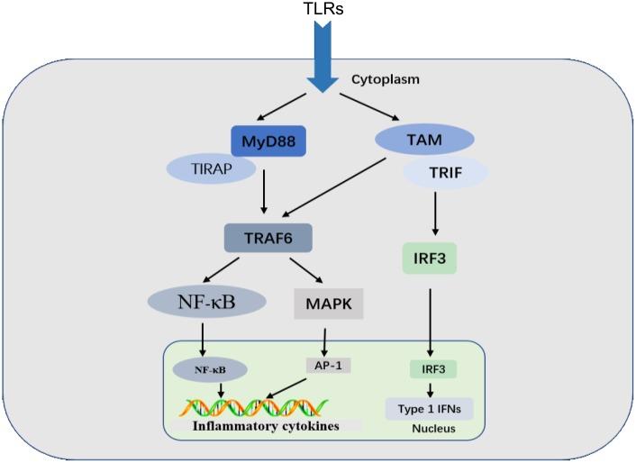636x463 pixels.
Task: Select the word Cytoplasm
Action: (x=386, y=79)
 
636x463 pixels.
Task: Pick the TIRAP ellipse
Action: (x=212, y=168)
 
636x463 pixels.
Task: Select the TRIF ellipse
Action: (x=444, y=172)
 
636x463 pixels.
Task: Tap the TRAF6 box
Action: (x=268, y=238)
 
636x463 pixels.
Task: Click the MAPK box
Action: (x=328, y=303)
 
